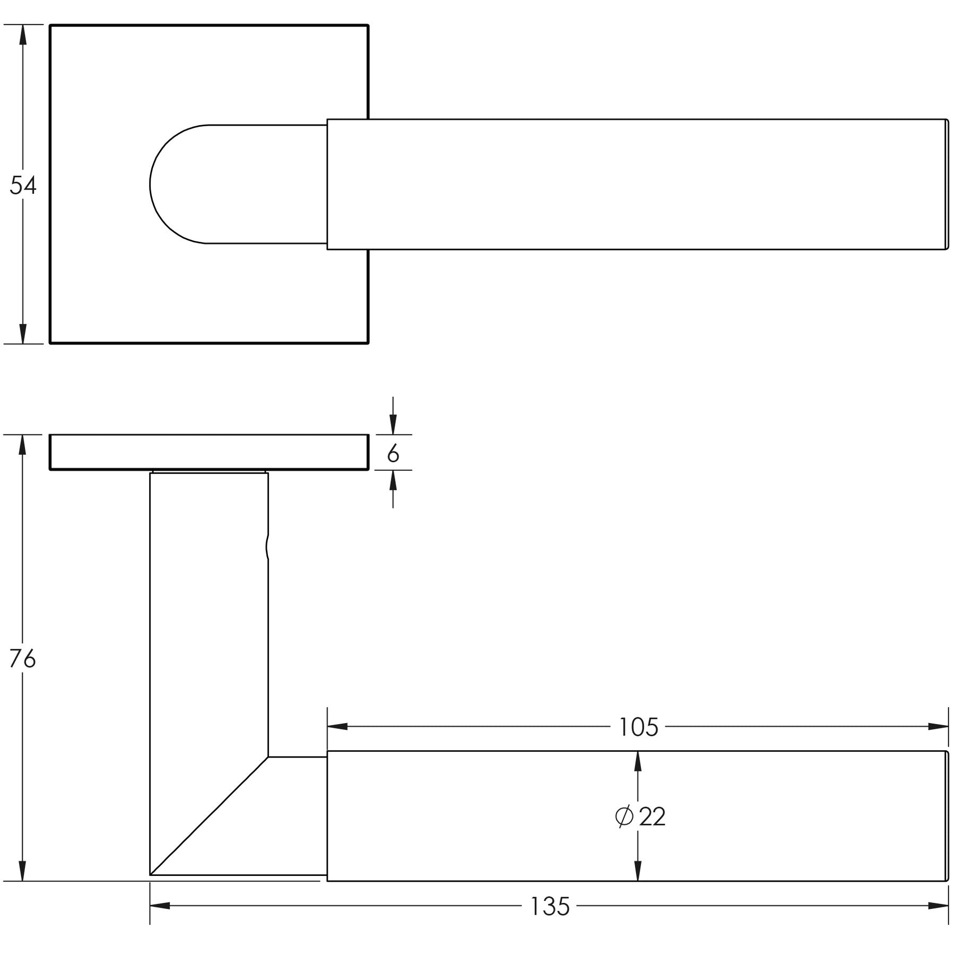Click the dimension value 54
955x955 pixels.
click(23, 186)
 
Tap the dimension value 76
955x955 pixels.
click(23, 659)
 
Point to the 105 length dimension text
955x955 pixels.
click(638, 727)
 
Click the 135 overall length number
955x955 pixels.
click(550, 907)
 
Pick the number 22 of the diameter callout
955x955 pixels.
click(652, 817)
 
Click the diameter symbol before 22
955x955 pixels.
click(624, 817)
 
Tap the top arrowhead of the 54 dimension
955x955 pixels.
click(22, 34)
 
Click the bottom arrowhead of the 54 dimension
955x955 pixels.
click(22, 334)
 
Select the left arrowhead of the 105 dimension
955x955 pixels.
click(337, 726)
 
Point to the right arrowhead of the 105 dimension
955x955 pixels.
click(938, 726)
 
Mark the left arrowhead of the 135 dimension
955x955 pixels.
click(160, 906)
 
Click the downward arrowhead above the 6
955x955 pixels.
click(393, 424)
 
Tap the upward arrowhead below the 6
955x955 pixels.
click(393, 480)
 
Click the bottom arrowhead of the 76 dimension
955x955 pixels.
click(22, 871)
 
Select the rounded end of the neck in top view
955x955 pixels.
click(178, 185)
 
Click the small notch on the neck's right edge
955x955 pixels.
click(267, 546)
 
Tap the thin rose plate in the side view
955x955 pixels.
click(209, 452)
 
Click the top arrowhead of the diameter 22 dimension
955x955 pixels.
click(638, 761)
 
